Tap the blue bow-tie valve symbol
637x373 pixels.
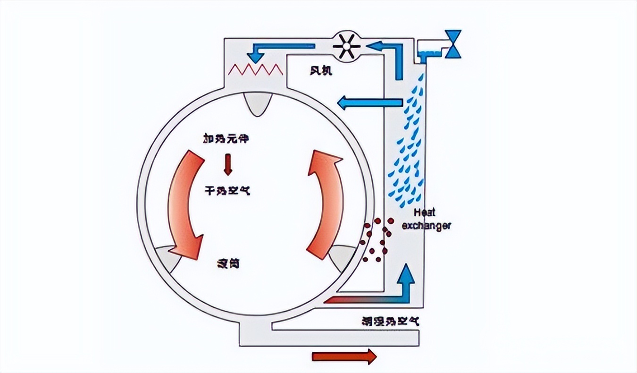coord(453,44)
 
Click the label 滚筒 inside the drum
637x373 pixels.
coord(228,263)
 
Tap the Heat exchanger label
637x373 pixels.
coord(427,220)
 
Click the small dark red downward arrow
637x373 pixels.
coord(228,165)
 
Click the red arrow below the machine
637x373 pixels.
coord(344,356)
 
